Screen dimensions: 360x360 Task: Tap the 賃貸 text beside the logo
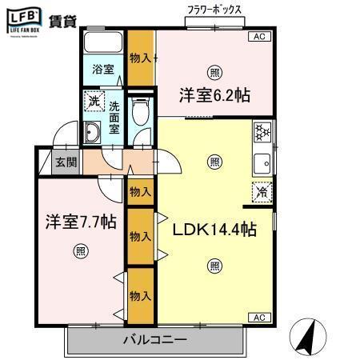(64, 22)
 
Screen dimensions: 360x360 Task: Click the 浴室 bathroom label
(102, 70)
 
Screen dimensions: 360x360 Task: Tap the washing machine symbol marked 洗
(95, 102)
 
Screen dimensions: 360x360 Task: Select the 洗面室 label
(115, 117)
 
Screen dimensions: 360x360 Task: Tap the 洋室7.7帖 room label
(80, 222)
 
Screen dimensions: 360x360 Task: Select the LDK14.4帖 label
(215, 230)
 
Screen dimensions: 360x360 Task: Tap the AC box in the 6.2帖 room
(259, 37)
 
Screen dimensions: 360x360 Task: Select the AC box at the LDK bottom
(259, 318)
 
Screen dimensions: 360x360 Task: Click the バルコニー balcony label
(155, 340)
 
